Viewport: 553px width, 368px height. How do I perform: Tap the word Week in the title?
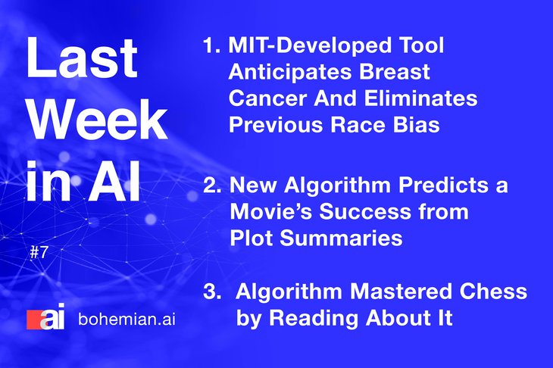pyautogui.click(x=97, y=120)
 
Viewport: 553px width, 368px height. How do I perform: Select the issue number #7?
pyautogui.click(x=39, y=252)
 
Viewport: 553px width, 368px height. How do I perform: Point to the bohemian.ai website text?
pyautogui.click(x=127, y=320)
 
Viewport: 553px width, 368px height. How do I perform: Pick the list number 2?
pyautogui.click(x=212, y=185)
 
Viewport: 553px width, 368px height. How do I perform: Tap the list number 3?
pyautogui.click(x=212, y=292)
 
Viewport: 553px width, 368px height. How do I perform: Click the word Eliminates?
pyautogui.click(x=420, y=98)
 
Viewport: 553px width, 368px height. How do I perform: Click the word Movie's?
pyautogui.click(x=271, y=211)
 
